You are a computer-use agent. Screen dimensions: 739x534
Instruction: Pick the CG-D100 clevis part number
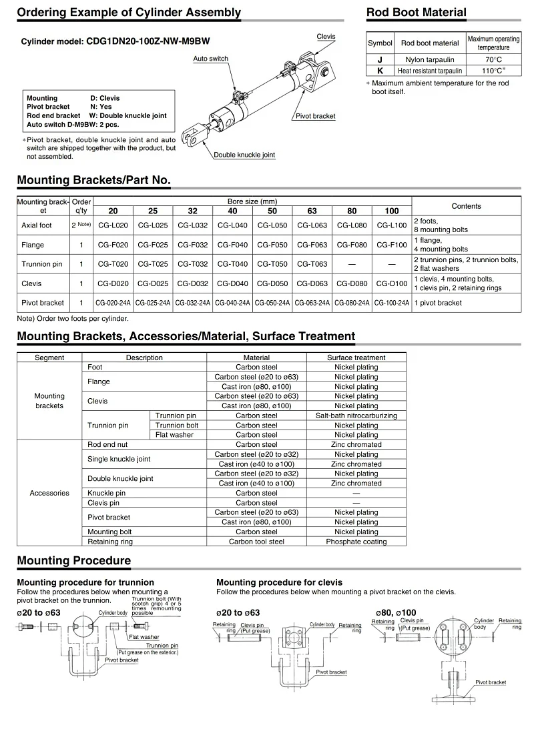[392, 283]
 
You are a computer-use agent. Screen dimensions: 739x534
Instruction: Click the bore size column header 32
[192, 211]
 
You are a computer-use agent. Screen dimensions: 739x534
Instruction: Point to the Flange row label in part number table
[33, 245]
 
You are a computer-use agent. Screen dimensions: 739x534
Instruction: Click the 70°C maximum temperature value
[493, 59]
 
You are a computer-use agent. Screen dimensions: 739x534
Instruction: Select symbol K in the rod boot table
[380, 70]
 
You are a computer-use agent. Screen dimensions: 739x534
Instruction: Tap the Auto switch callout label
[210, 59]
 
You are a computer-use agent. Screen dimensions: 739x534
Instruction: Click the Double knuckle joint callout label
[244, 155]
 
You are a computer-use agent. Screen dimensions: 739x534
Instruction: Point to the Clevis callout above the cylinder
[326, 36]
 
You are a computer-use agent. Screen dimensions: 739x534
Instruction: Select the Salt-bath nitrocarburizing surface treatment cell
[356, 416]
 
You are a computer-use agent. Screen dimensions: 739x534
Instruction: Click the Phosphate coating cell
[356, 542]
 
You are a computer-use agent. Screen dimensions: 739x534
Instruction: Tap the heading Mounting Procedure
[73, 561]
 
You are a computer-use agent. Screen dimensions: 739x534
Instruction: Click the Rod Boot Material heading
[417, 12]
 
